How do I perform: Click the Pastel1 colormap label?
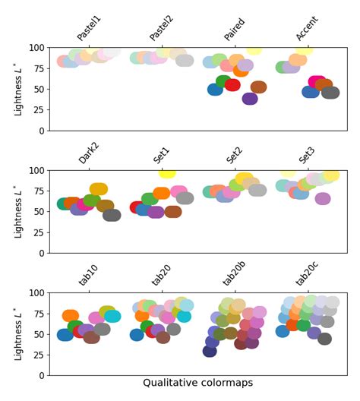click(x=89, y=27)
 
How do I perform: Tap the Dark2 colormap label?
click(x=89, y=152)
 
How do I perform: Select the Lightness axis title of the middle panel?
click(x=18, y=211)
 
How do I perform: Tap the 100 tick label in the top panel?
click(x=35, y=48)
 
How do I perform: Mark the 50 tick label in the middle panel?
click(x=38, y=212)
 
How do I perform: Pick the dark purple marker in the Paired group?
click(x=250, y=98)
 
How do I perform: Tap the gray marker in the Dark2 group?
click(x=112, y=215)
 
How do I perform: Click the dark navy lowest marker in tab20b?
click(x=210, y=350)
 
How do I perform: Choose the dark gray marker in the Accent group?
click(x=330, y=93)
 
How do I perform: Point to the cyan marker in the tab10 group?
click(x=112, y=316)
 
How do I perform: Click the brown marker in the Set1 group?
click(x=173, y=212)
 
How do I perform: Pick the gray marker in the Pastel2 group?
click(x=185, y=61)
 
